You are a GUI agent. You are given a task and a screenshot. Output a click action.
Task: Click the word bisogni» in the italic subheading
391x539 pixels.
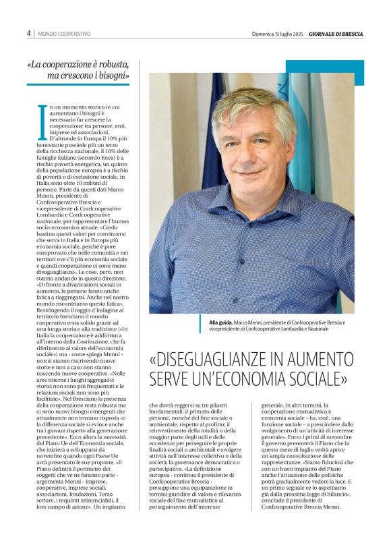110,76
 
